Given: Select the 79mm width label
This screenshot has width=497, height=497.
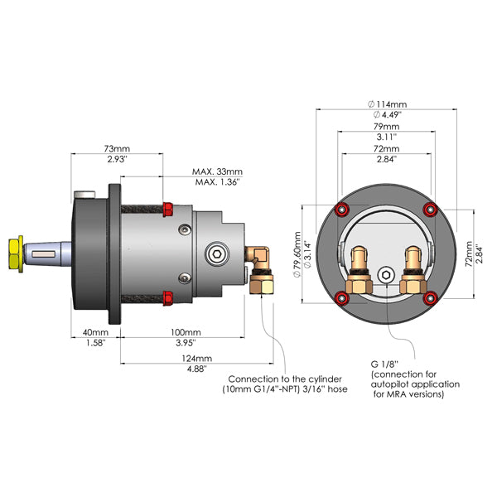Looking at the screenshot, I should [385, 126].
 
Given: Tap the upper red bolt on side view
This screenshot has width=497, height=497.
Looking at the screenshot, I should [168, 207].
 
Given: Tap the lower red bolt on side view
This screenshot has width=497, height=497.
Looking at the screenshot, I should [168, 296].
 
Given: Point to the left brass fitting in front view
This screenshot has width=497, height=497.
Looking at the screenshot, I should [360, 270].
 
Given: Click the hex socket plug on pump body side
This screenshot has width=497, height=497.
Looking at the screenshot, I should [216, 252].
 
